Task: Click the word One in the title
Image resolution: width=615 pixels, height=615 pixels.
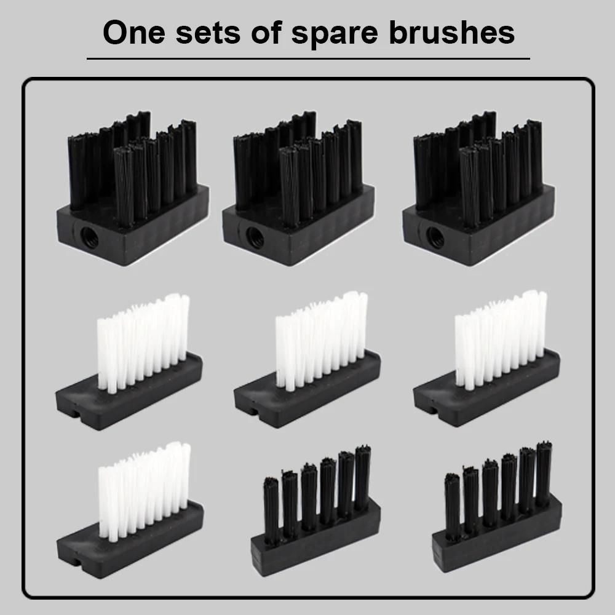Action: tap(133, 32)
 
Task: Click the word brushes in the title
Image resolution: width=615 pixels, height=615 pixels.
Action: tap(451, 32)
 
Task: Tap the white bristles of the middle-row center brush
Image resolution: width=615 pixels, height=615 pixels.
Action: tap(322, 341)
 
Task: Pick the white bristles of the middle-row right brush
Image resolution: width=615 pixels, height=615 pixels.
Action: tap(501, 339)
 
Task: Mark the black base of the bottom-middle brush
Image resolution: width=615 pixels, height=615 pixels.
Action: tap(315, 539)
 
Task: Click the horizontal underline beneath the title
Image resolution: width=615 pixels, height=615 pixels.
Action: tap(308, 59)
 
